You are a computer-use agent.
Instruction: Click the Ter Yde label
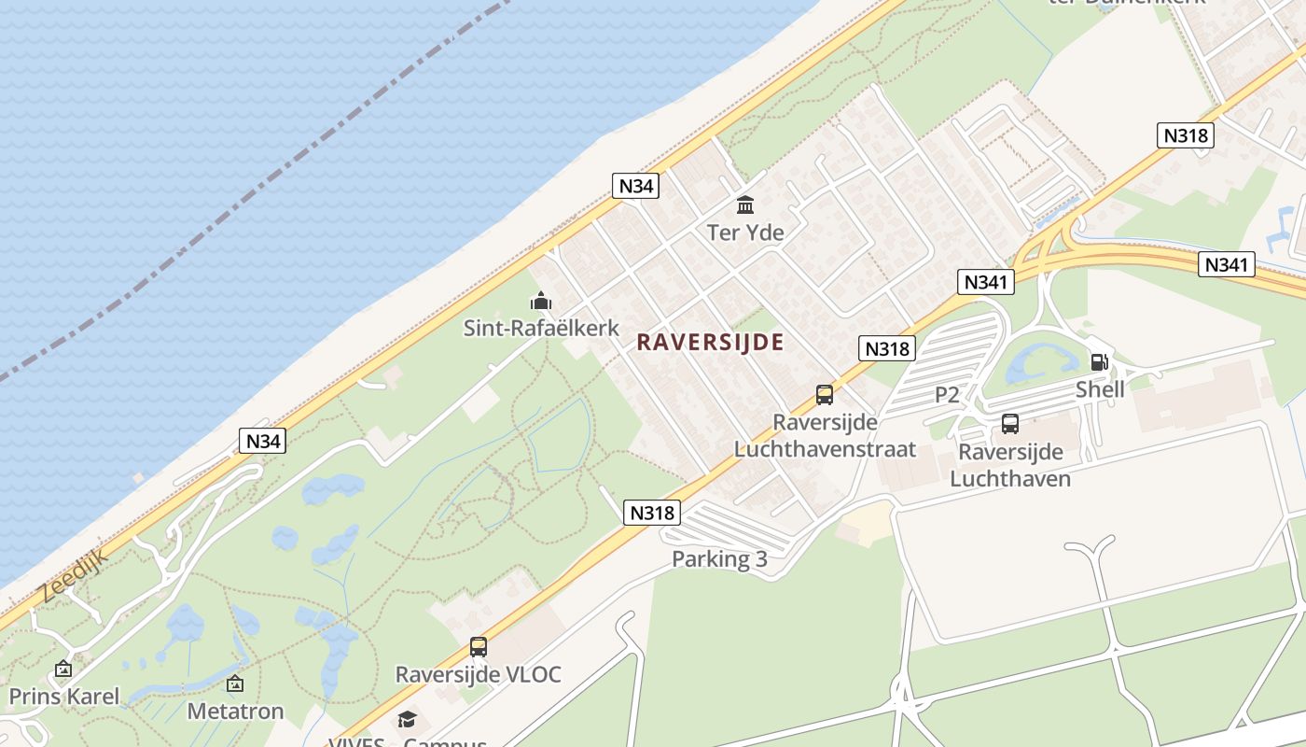point(745,233)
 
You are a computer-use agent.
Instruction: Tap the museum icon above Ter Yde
point(745,204)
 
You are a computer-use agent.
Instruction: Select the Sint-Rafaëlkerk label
point(541,328)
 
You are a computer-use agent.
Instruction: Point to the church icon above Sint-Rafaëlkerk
point(541,302)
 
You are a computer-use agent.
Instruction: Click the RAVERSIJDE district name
point(710,343)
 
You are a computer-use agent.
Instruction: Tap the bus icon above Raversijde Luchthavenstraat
point(825,395)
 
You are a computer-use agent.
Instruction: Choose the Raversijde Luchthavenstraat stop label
point(825,435)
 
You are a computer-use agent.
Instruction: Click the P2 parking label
point(947,395)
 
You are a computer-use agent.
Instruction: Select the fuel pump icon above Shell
point(1100,362)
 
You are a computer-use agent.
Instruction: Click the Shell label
point(1100,389)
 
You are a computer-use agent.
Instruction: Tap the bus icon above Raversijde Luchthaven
point(1010,424)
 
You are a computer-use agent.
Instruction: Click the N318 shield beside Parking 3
point(652,512)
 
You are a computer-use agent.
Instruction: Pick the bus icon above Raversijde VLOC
point(479,646)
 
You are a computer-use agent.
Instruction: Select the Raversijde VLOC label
point(479,674)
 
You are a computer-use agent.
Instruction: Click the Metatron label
point(235,711)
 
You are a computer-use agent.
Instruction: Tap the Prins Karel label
point(64,696)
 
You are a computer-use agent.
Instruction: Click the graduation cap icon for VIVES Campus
point(407,719)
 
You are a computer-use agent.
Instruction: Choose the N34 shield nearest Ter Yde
point(637,186)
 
